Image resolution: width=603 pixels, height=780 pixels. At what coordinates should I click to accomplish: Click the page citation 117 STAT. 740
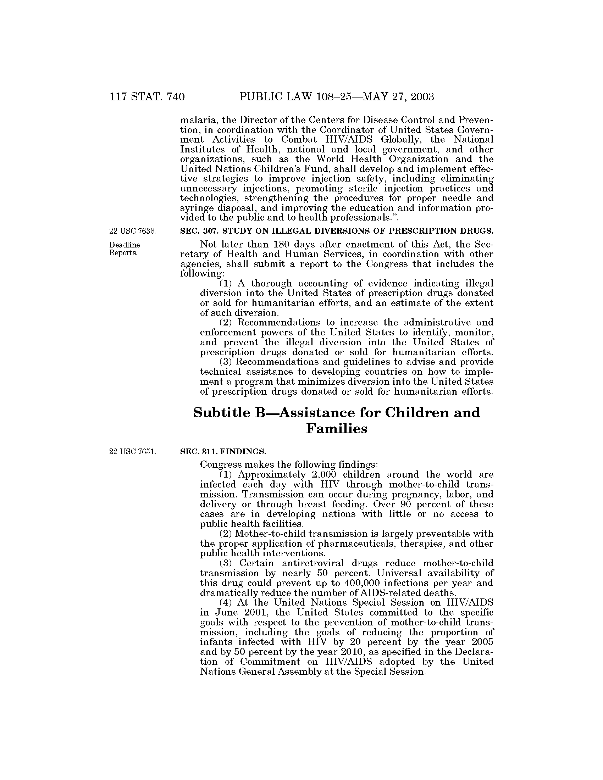coord(147,96)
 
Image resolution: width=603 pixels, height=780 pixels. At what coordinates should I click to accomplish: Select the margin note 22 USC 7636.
coord(133,231)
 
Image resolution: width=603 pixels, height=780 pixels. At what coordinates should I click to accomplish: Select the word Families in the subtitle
coord(337,428)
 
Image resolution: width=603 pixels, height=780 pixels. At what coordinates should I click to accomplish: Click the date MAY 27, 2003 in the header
coord(398,96)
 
